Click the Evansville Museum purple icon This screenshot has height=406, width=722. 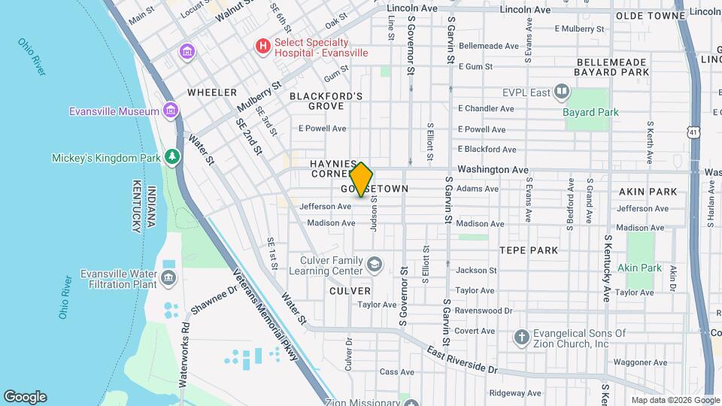coord(172,111)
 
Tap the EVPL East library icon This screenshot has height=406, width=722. coord(561,92)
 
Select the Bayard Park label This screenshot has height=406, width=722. coord(590,112)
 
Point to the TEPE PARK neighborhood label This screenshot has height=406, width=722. coord(529,250)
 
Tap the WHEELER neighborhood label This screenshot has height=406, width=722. coord(212,92)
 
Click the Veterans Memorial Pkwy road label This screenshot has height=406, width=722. coord(266,315)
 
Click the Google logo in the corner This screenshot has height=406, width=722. coord(25,396)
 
